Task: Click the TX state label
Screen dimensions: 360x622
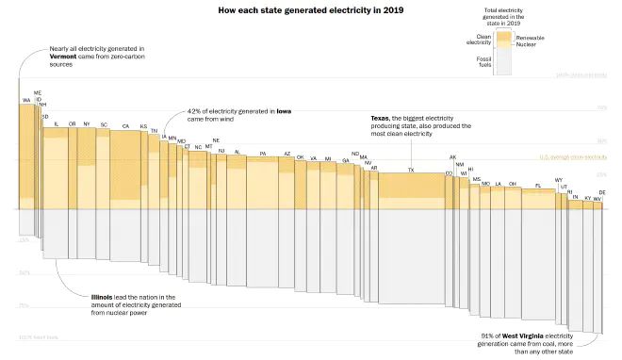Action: [410, 170]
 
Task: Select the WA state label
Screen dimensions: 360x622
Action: [26, 99]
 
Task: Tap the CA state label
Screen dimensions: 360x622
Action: [125, 125]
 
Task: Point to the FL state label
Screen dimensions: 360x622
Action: [538, 186]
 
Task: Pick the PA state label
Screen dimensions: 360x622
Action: [263, 153]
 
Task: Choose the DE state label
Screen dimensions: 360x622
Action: [602, 192]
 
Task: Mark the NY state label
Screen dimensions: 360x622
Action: [87, 124]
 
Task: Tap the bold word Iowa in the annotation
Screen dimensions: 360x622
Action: [283, 111]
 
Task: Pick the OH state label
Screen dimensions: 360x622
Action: [512, 184]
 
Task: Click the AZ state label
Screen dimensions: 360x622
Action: [287, 153]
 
